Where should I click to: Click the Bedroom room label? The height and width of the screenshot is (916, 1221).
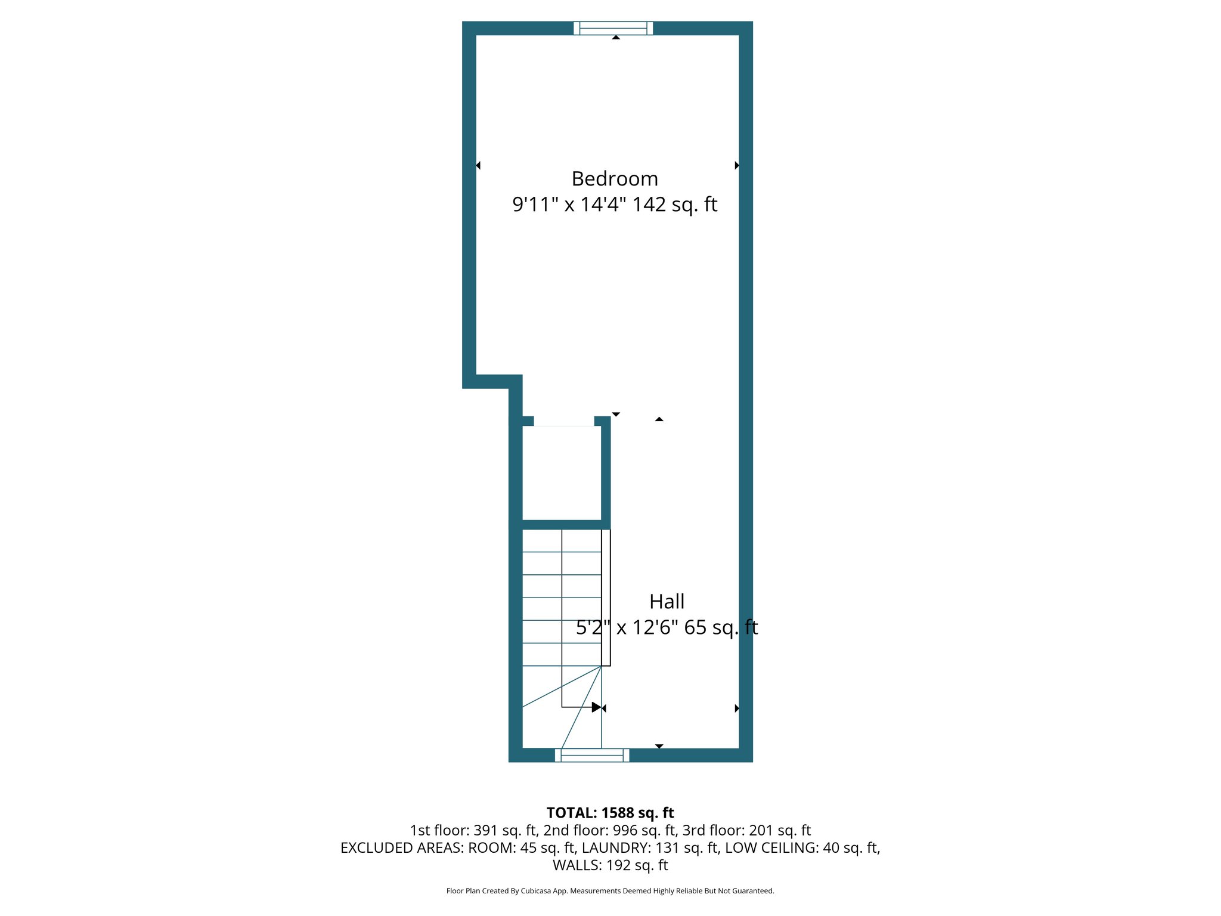(x=615, y=179)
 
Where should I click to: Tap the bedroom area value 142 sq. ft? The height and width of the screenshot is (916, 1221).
(x=674, y=205)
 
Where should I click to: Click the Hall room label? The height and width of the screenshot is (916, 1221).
(x=667, y=602)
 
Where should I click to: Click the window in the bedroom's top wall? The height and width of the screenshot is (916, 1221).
(x=613, y=28)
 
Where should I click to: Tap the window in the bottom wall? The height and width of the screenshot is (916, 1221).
(x=592, y=755)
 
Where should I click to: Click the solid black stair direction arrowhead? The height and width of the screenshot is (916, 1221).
(x=596, y=707)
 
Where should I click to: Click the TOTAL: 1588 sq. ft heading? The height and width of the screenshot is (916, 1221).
(x=610, y=813)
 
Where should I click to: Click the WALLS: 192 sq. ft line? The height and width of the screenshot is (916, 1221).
(x=610, y=865)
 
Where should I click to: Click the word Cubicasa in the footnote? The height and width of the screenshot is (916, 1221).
(x=534, y=891)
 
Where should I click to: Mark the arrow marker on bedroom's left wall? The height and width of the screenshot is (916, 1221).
(x=478, y=165)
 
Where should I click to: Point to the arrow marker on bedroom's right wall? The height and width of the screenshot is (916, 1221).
(x=737, y=165)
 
